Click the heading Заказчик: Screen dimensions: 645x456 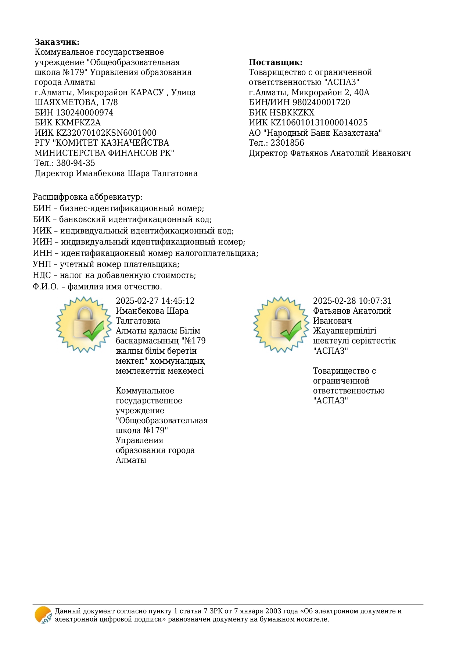pyautogui.click(x=57, y=42)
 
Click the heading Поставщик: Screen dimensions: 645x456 pyautogui.click(x=275, y=62)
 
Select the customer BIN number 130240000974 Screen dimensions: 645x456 pyautogui.click(x=85, y=113)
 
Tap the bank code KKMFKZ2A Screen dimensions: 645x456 pyautogui.click(x=78, y=122)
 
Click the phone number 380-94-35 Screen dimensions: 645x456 pyautogui.click(x=75, y=163)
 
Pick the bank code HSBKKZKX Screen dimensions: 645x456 pyautogui.click(x=292, y=113)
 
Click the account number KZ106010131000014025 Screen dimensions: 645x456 pyautogui.click(x=319, y=122)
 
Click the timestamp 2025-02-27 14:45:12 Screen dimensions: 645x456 pyautogui.click(x=155, y=301)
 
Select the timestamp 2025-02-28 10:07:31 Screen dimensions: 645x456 pyautogui.click(x=352, y=301)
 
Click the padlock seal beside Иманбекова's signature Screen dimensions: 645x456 pyautogui.click(x=84, y=324)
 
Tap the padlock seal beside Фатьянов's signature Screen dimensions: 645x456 pyautogui.click(x=281, y=324)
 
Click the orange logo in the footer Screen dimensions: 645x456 pyautogui.click(x=43, y=615)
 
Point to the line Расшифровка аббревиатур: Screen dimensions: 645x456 pyautogui.click(x=87, y=197)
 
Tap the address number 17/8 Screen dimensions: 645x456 pyautogui.click(x=109, y=102)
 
